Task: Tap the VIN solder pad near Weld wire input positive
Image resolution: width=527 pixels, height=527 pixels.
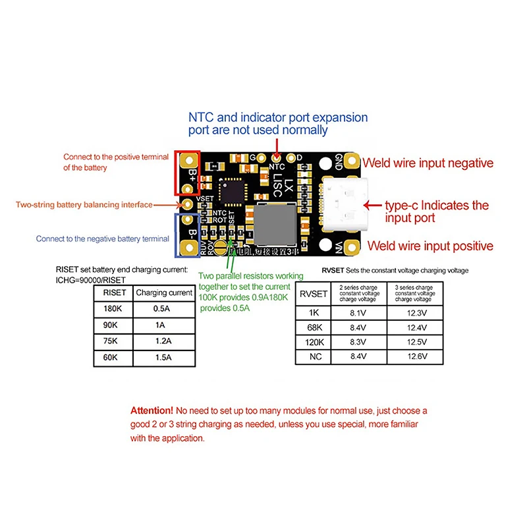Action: (347, 248)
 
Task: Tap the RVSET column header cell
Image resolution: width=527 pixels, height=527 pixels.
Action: (314, 294)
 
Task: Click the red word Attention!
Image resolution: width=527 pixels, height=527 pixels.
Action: (152, 410)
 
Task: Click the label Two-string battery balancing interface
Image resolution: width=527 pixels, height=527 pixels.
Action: (84, 205)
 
